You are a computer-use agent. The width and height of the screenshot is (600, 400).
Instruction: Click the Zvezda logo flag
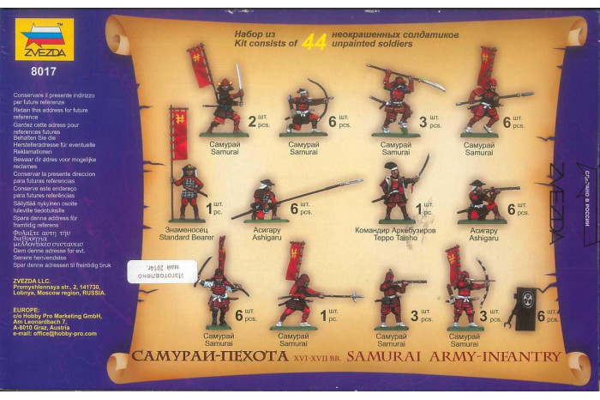point(47,36)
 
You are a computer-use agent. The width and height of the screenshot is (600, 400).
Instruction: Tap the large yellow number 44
point(315,41)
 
